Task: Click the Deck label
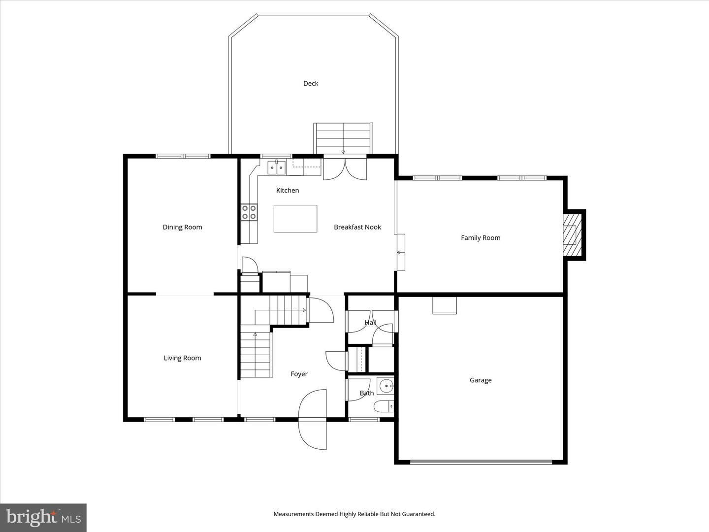(311, 84)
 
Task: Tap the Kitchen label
(288, 191)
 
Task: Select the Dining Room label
(182, 227)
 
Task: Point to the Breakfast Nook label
(357, 227)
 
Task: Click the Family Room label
(481, 238)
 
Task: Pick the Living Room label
(182, 358)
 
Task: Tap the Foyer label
(299, 374)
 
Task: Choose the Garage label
(481, 380)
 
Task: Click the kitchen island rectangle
(295, 219)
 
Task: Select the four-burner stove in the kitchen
(249, 212)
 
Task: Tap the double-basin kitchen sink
(276, 168)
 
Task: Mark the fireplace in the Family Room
(573, 234)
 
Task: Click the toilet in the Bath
(384, 406)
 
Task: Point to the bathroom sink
(385, 385)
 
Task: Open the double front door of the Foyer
(313, 419)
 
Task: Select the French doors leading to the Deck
(345, 167)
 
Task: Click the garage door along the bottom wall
(481, 462)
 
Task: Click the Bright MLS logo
(43, 517)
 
